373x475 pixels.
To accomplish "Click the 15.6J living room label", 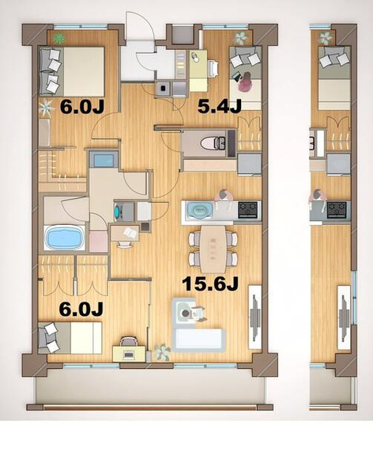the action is click(211, 284).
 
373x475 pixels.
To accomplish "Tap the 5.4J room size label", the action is click(220, 107).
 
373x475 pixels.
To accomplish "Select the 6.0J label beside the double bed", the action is click(82, 107).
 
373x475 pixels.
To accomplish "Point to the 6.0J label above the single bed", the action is click(81, 310).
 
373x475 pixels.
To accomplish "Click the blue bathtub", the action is click(65, 238).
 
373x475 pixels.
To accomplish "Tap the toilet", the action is click(213, 143).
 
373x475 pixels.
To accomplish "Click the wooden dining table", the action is click(213, 249).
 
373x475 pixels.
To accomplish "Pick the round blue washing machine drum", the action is click(118, 211).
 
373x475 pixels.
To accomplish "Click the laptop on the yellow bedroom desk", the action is click(128, 354).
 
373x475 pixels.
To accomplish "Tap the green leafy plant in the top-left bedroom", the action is click(58, 38).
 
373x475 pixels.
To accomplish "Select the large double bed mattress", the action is click(84, 71).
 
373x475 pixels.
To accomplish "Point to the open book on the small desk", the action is click(130, 233).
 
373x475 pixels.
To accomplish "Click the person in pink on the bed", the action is click(245, 82).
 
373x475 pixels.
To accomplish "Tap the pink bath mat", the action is click(98, 241).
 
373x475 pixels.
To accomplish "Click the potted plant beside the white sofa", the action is click(163, 352).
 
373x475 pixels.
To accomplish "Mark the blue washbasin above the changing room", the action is click(104, 160).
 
